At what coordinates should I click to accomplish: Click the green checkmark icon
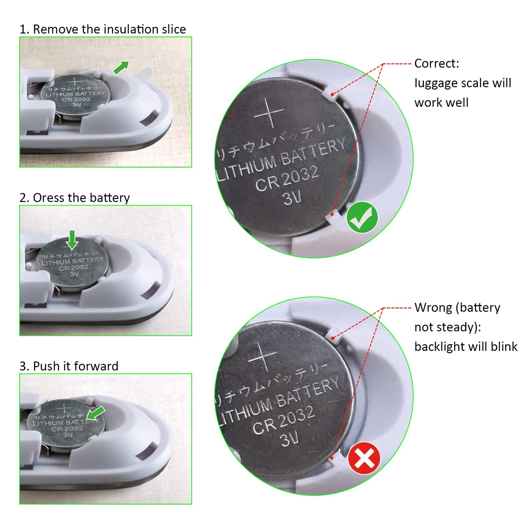tap(362, 217)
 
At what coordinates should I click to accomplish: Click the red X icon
tap(364, 458)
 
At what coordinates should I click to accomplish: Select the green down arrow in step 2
tap(72, 240)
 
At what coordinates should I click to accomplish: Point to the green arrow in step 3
tap(96, 413)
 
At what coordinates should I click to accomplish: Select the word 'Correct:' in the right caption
tap(437, 63)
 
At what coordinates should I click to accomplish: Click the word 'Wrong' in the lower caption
tap(433, 308)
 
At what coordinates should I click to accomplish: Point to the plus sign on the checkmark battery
tap(269, 113)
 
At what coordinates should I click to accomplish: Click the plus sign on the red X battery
tap(263, 356)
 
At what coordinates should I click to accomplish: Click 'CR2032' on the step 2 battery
tap(74, 268)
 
